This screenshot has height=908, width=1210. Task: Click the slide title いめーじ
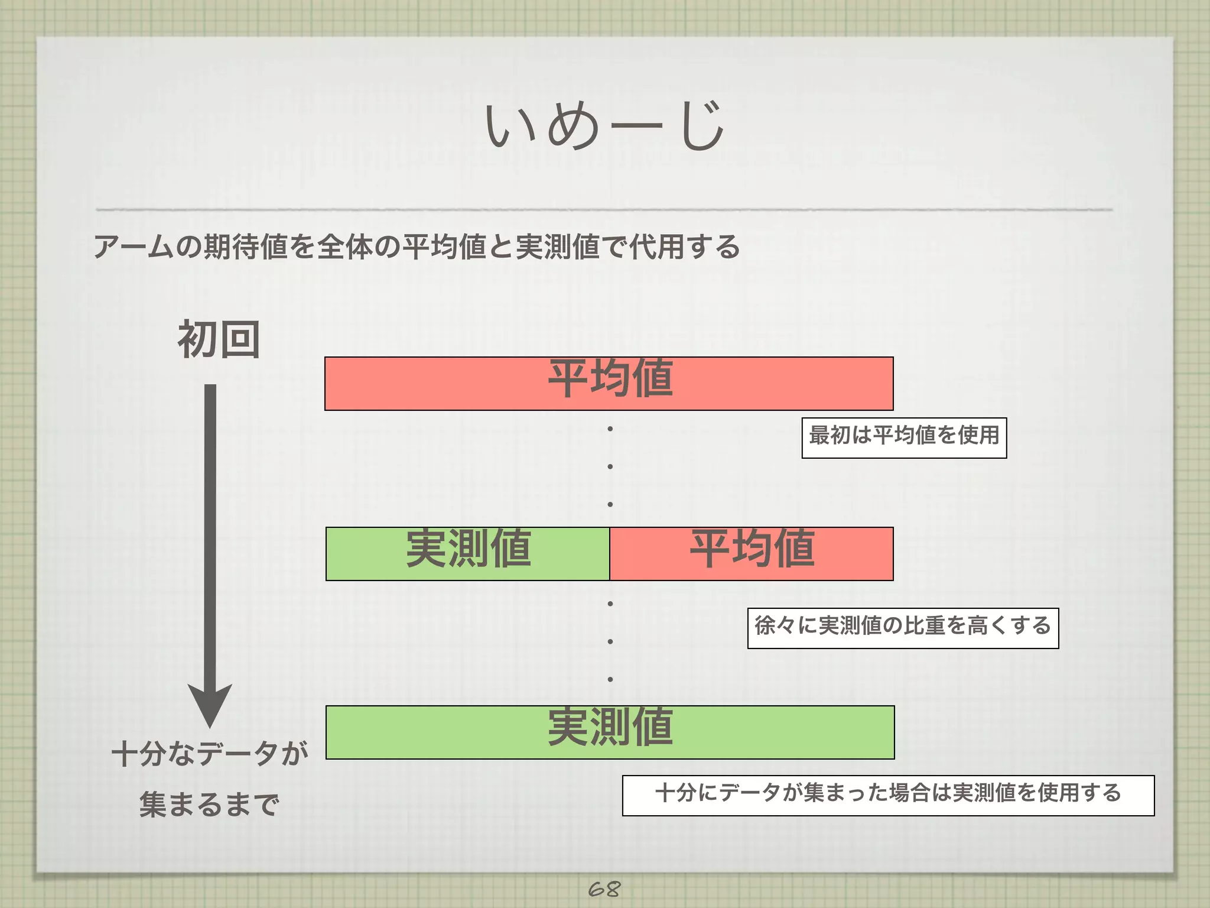coord(604,125)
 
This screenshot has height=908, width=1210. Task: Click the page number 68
coord(604,888)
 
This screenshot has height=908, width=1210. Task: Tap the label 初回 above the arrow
coord(219,339)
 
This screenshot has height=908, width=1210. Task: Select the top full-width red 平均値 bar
coord(609,383)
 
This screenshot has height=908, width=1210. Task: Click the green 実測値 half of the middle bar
coord(467,553)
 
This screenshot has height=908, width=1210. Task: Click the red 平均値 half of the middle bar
coord(752,553)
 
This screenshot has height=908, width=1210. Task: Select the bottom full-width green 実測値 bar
coord(610,732)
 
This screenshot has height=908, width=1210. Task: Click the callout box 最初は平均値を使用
coord(904,437)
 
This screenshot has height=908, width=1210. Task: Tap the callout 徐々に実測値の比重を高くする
coord(903,628)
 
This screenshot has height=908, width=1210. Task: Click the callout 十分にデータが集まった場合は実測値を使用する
coord(888,795)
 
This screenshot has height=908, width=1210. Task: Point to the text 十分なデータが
coord(210,754)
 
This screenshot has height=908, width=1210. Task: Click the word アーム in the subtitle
coord(134,247)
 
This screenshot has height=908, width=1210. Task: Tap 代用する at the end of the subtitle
coord(684,247)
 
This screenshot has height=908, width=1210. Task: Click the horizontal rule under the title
coord(604,209)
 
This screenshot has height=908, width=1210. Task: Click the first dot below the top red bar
coord(610,429)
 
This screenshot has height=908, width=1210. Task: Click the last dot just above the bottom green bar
coord(610,679)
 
